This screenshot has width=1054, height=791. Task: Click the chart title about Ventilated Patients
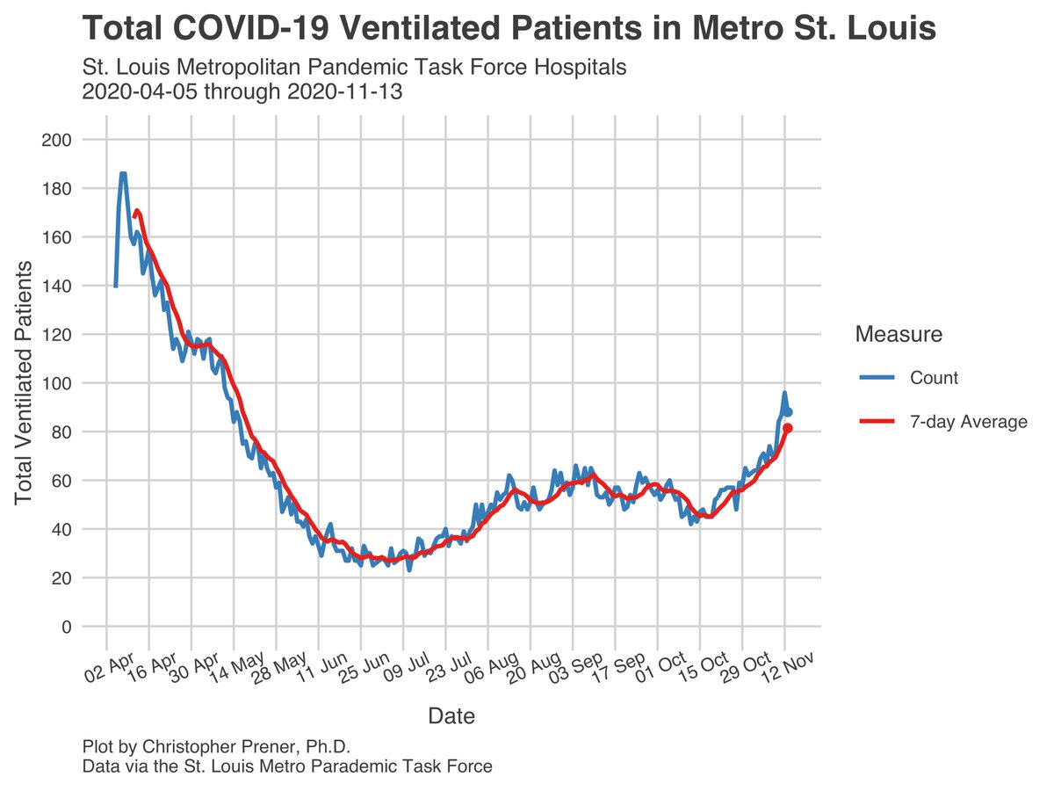click(x=509, y=29)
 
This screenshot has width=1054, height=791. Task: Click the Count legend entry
click(x=934, y=378)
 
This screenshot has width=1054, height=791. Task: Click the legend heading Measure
click(x=899, y=334)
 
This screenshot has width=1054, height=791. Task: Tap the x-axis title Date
click(x=451, y=716)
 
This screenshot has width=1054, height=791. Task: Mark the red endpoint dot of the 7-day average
click(x=788, y=428)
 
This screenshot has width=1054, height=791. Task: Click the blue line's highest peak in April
click(x=122, y=174)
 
